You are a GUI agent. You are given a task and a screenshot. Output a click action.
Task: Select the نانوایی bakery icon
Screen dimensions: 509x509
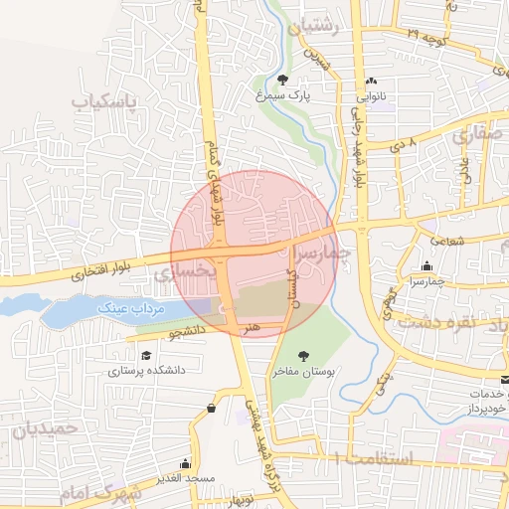point(372,82)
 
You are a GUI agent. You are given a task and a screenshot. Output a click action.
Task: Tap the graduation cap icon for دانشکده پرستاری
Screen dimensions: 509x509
point(146,355)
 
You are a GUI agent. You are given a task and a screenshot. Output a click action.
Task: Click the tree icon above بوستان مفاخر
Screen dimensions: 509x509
point(303,355)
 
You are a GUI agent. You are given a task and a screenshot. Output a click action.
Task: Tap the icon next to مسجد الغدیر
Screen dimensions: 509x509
point(185,463)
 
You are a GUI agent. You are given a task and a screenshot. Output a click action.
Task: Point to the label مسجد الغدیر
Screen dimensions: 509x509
point(185,478)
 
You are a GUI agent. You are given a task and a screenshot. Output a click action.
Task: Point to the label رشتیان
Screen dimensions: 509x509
point(314,28)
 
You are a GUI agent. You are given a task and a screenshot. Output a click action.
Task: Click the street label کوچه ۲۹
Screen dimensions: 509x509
point(428,34)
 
